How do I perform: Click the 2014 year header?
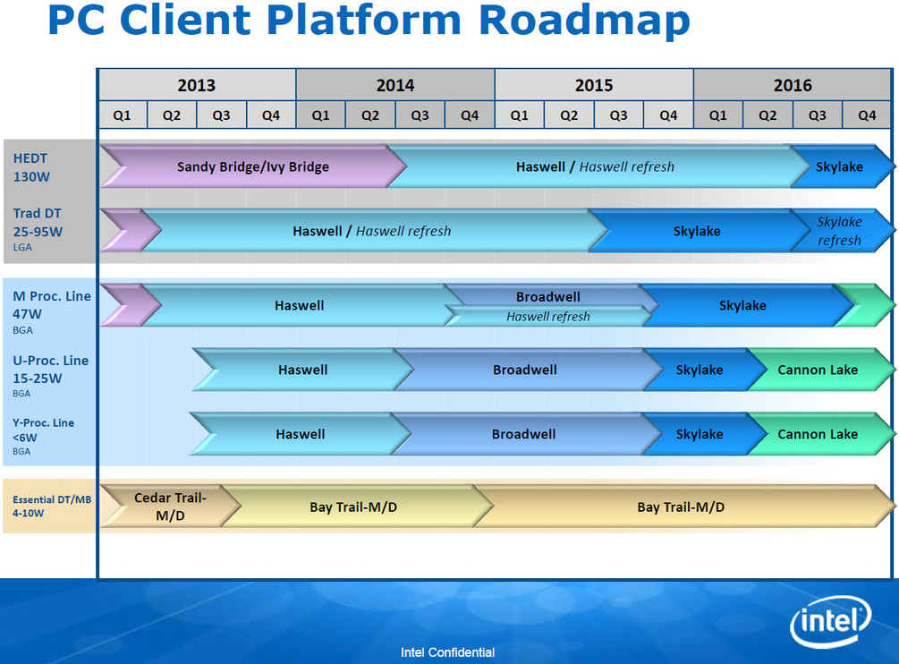click(394, 85)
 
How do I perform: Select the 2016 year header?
click(793, 85)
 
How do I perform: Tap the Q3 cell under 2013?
click(221, 115)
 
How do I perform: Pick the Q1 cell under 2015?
click(519, 115)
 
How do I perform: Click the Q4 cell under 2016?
click(867, 115)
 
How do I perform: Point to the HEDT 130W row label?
click(32, 167)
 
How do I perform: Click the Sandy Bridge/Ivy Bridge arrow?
click(253, 166)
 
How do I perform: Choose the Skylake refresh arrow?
click(839, 231)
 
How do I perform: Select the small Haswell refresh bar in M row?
click(547, 316)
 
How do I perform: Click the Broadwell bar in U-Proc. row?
click(525, 370)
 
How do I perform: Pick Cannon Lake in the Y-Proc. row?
click(817, 434)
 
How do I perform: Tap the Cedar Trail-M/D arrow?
click(170, 507)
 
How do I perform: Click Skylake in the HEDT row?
click(839, 166)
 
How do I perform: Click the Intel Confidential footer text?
click(447, 652)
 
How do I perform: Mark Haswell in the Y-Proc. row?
click(301, 434)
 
